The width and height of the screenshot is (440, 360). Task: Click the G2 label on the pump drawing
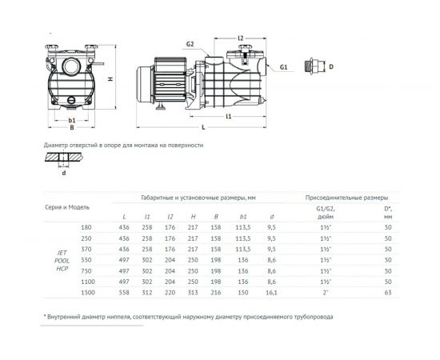point(190,44)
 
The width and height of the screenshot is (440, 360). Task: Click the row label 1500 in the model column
point(87,294)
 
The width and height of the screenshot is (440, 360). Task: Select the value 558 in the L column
point(124,294)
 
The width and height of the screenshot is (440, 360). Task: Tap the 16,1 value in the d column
point(272,294)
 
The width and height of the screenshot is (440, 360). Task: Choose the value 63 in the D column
point(388,294)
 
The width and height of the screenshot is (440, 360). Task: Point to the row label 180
point(87,228)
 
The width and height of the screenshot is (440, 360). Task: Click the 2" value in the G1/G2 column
point(325,294)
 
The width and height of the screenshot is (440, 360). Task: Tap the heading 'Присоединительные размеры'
point(347,196)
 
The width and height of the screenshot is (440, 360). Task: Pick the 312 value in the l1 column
point(146,294)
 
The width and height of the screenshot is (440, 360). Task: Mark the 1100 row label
point(87,282)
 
